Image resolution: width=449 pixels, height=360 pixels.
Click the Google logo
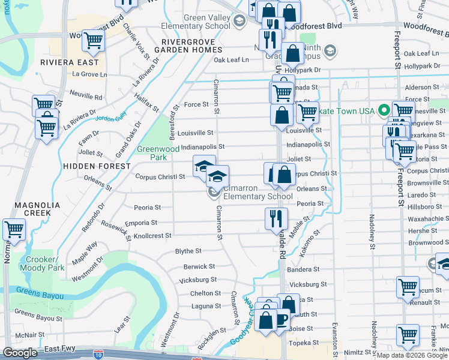coord(20,353)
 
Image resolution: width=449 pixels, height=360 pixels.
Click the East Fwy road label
coord(59,348)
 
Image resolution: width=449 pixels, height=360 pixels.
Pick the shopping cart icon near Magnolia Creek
coord(14,229)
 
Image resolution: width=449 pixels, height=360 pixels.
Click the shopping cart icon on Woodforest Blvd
coord(94,41)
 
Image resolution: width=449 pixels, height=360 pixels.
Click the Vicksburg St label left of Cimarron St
coord(197,280)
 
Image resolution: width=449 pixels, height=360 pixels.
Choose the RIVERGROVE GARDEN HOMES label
coord(189,46)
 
